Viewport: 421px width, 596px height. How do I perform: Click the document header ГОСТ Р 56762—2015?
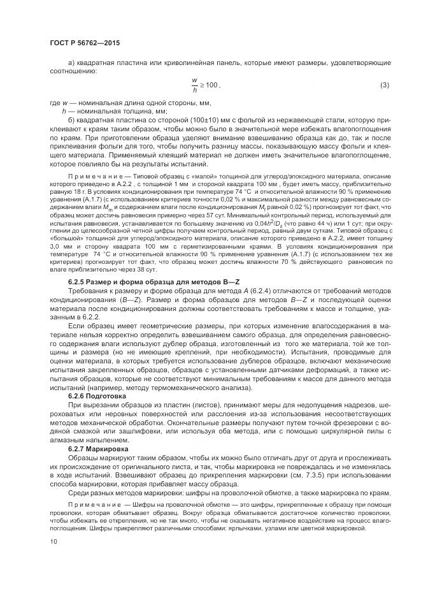[84, 43]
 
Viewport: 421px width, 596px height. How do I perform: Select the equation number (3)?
[384, 85]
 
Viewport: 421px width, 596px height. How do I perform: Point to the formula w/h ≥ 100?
[205, 85]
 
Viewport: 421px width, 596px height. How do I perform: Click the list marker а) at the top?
[71, 62]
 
